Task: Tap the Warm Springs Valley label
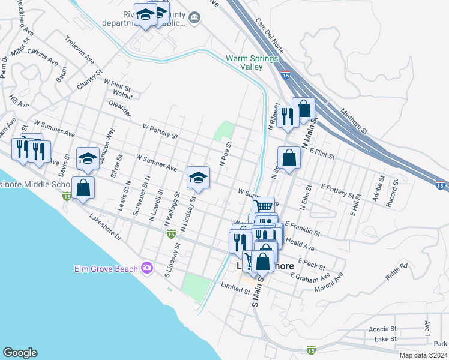point(252,63)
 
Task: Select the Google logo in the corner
point(20,353)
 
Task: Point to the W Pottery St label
point(160,131)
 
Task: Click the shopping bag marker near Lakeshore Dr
point(83,187)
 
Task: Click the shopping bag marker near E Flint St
point(289,158)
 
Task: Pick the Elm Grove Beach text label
point(106,269)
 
